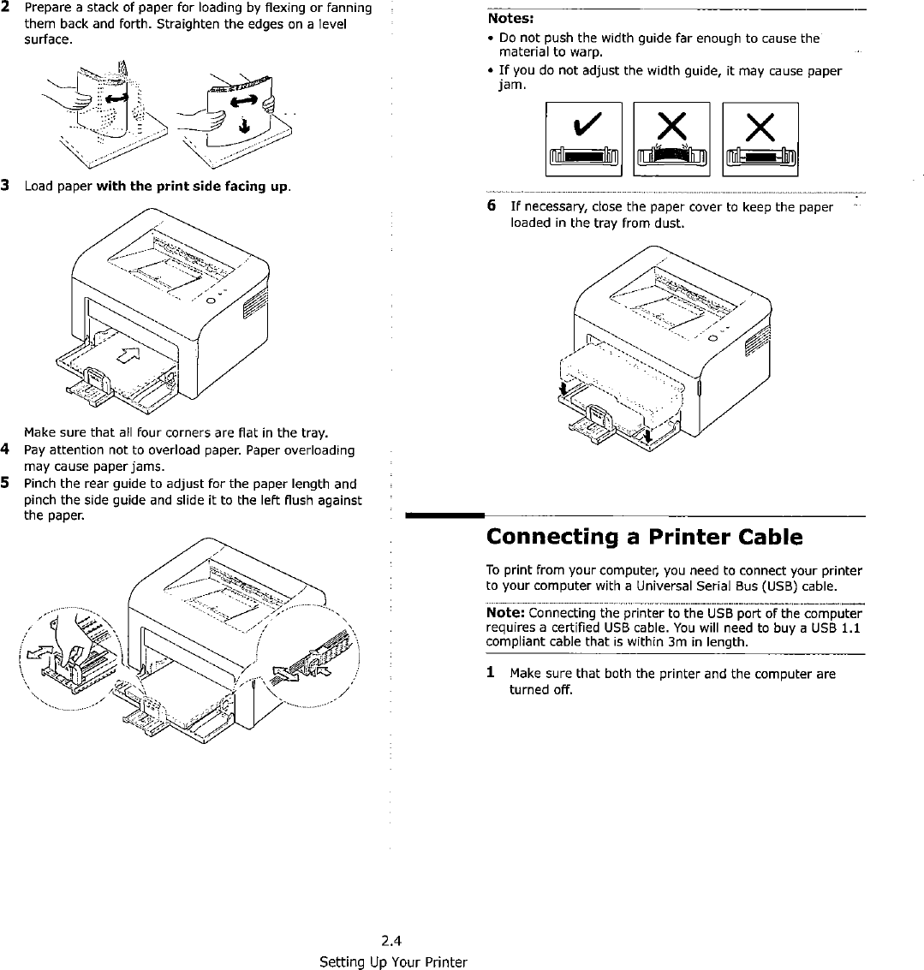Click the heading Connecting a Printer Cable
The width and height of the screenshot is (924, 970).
(x=644, y=537)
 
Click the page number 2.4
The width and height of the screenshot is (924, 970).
(x=392, y=944)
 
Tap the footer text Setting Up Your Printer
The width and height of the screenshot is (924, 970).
(x=392, y=961)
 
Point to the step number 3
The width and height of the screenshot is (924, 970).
(x=5, y=185)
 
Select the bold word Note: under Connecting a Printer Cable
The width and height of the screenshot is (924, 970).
(x=506, y=613)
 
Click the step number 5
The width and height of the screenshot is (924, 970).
(x=5, y=484)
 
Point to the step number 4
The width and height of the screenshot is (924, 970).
(x=5, y=450)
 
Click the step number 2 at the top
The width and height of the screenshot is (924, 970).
(x=5, y=8)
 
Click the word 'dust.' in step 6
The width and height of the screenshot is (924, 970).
(x=670, y=223)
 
